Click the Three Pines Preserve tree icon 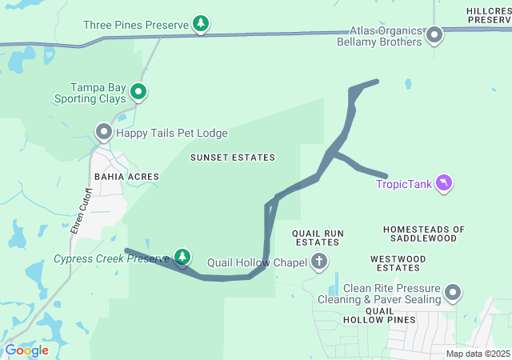201,25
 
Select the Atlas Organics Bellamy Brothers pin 434,34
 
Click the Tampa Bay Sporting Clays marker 138,93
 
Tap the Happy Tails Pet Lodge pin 104,132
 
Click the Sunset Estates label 232,158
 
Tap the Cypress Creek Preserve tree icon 184,257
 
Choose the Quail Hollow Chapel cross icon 319,262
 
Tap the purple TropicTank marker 444,184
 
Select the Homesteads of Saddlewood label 423,234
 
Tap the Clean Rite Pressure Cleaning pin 454,293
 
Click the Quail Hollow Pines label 379,314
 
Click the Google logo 26,350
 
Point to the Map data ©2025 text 477,354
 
